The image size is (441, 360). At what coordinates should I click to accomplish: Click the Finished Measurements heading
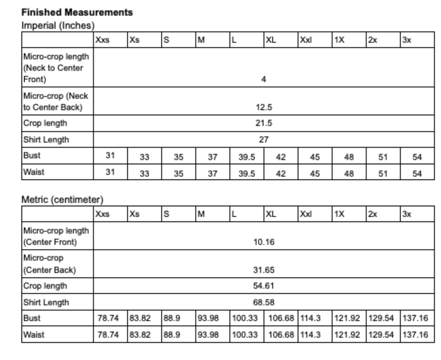pos(77,12)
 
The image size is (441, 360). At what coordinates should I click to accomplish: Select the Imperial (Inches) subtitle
pos(58,25)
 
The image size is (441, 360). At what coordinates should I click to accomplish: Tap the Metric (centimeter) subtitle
pos(62,200)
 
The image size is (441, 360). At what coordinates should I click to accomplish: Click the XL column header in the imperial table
pos(271,40)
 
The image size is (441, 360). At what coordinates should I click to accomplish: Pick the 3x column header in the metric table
pos(407,214)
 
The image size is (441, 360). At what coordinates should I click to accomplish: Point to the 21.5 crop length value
pos(264,123)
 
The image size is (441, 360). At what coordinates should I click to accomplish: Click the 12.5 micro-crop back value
pos(264,107)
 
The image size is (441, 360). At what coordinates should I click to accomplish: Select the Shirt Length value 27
pos(264,139)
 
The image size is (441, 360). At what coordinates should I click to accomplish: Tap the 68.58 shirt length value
pos(264,302)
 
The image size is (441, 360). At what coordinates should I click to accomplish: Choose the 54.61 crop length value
pos(264,286)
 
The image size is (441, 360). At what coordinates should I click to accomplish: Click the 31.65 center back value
pos(264,270)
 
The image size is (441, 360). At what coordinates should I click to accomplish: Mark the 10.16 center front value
pos(264,242)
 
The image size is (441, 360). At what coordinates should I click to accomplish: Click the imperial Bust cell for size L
pos(247,157)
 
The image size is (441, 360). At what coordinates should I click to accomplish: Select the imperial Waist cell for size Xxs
pos(110,172)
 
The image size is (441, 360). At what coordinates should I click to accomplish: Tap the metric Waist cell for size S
pos(171,335)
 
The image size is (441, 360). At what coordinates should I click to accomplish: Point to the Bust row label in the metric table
pos(32,318)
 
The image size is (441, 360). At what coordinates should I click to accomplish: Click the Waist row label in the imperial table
pos(34,172)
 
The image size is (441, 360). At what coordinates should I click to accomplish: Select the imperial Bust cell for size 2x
pos(383,157)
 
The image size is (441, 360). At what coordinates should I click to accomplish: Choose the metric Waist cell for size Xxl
pos(310,335)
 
